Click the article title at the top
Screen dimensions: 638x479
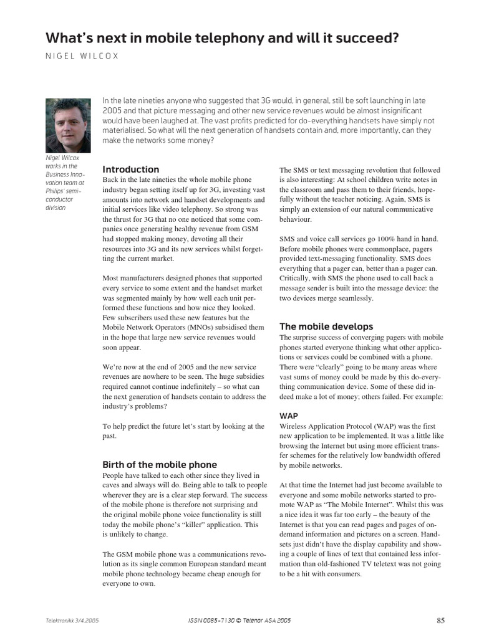pyautogui.click(x=222, y=39)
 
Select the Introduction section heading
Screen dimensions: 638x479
pyautogui.click(x=130, y=169)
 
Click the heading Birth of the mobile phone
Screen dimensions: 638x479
pyautogui.click(x=160, y=464)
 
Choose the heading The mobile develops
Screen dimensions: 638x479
pyautogui.click(x=326, y=326)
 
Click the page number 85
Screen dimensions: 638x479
pyautogui.click(x=440, y=621)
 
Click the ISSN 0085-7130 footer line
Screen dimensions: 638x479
pyautogui.click(x=239, y=621)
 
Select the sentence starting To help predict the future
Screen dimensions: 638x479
pyautogui.click(x=183, y=431)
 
